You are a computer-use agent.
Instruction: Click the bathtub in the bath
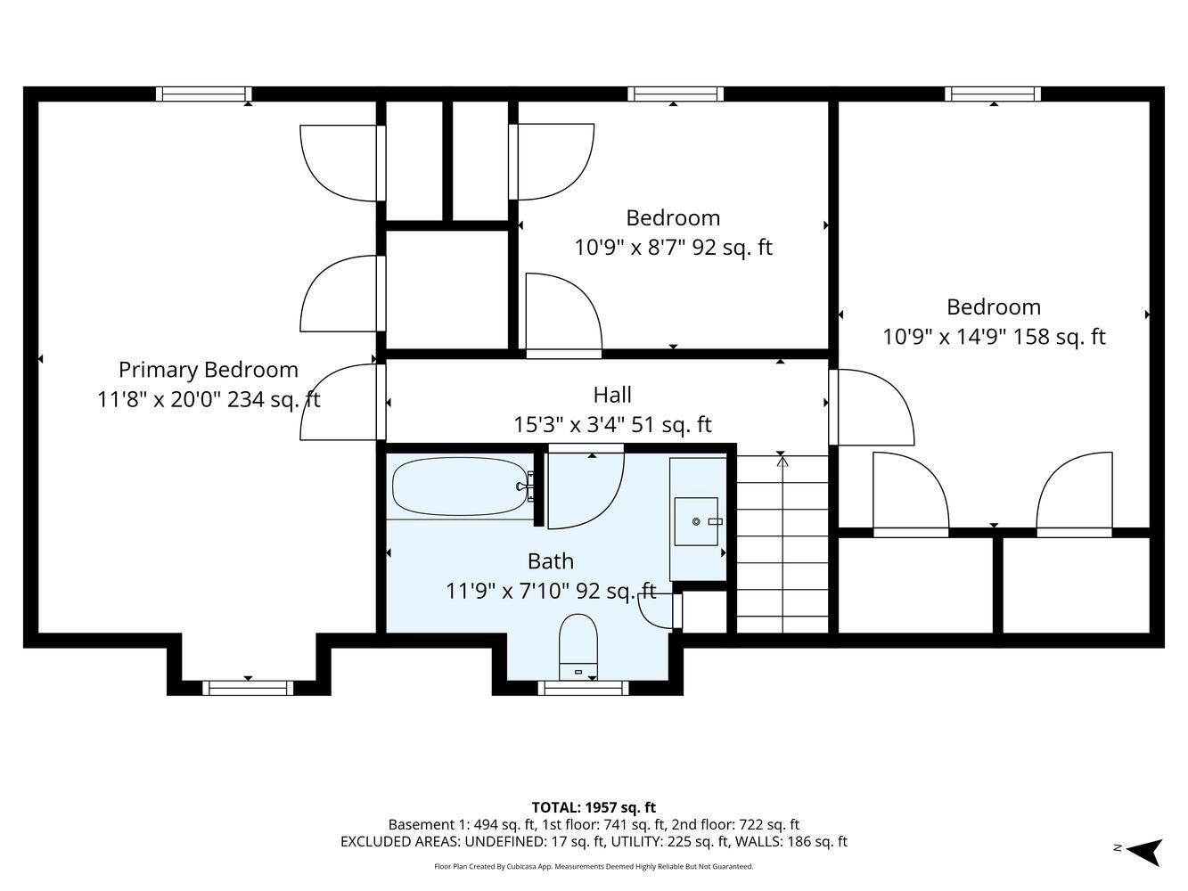click(x=460, y=486)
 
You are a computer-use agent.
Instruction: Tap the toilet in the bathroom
click(x=578, y=647)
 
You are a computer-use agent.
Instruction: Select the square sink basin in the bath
click(x=696, y=521)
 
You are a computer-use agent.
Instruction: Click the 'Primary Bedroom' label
click(x=209, y=370)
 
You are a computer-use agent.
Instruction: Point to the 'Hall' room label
click(x=612, y=395)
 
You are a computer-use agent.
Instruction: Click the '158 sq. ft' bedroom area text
click(x=1059, y=337)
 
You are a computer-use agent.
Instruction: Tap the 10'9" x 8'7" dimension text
click(x=629, y=248)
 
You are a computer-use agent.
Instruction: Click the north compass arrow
click(x=1146, y=852)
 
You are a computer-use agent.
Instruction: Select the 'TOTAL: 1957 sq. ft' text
click(x=594, y=807)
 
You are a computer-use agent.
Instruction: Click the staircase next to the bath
click(x=782, y=544)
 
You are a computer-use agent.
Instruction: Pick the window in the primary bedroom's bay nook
click(x=248, y=688)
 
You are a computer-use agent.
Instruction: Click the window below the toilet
click(x=583, y=688)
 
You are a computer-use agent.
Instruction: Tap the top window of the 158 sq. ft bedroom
click(x=993, y=94)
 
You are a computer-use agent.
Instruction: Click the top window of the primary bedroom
click(x=204, y=94)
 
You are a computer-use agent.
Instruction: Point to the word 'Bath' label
click(x=551, y=561)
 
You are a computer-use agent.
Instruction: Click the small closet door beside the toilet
click(x=660, y=610)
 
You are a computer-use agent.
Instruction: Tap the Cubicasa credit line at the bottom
click(x=594, y=867)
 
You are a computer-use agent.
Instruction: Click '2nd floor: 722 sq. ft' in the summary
click(x=735, y=825)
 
